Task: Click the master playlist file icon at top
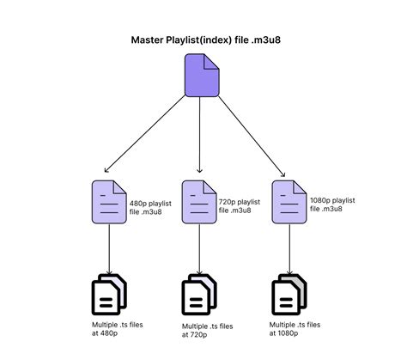click(x=201, y=75)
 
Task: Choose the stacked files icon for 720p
click(x=199, y=295)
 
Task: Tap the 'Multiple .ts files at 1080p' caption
click(x=295, y=329)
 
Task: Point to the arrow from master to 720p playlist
click(x=199, y=137)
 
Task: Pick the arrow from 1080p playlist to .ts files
click(x=289, y=250)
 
